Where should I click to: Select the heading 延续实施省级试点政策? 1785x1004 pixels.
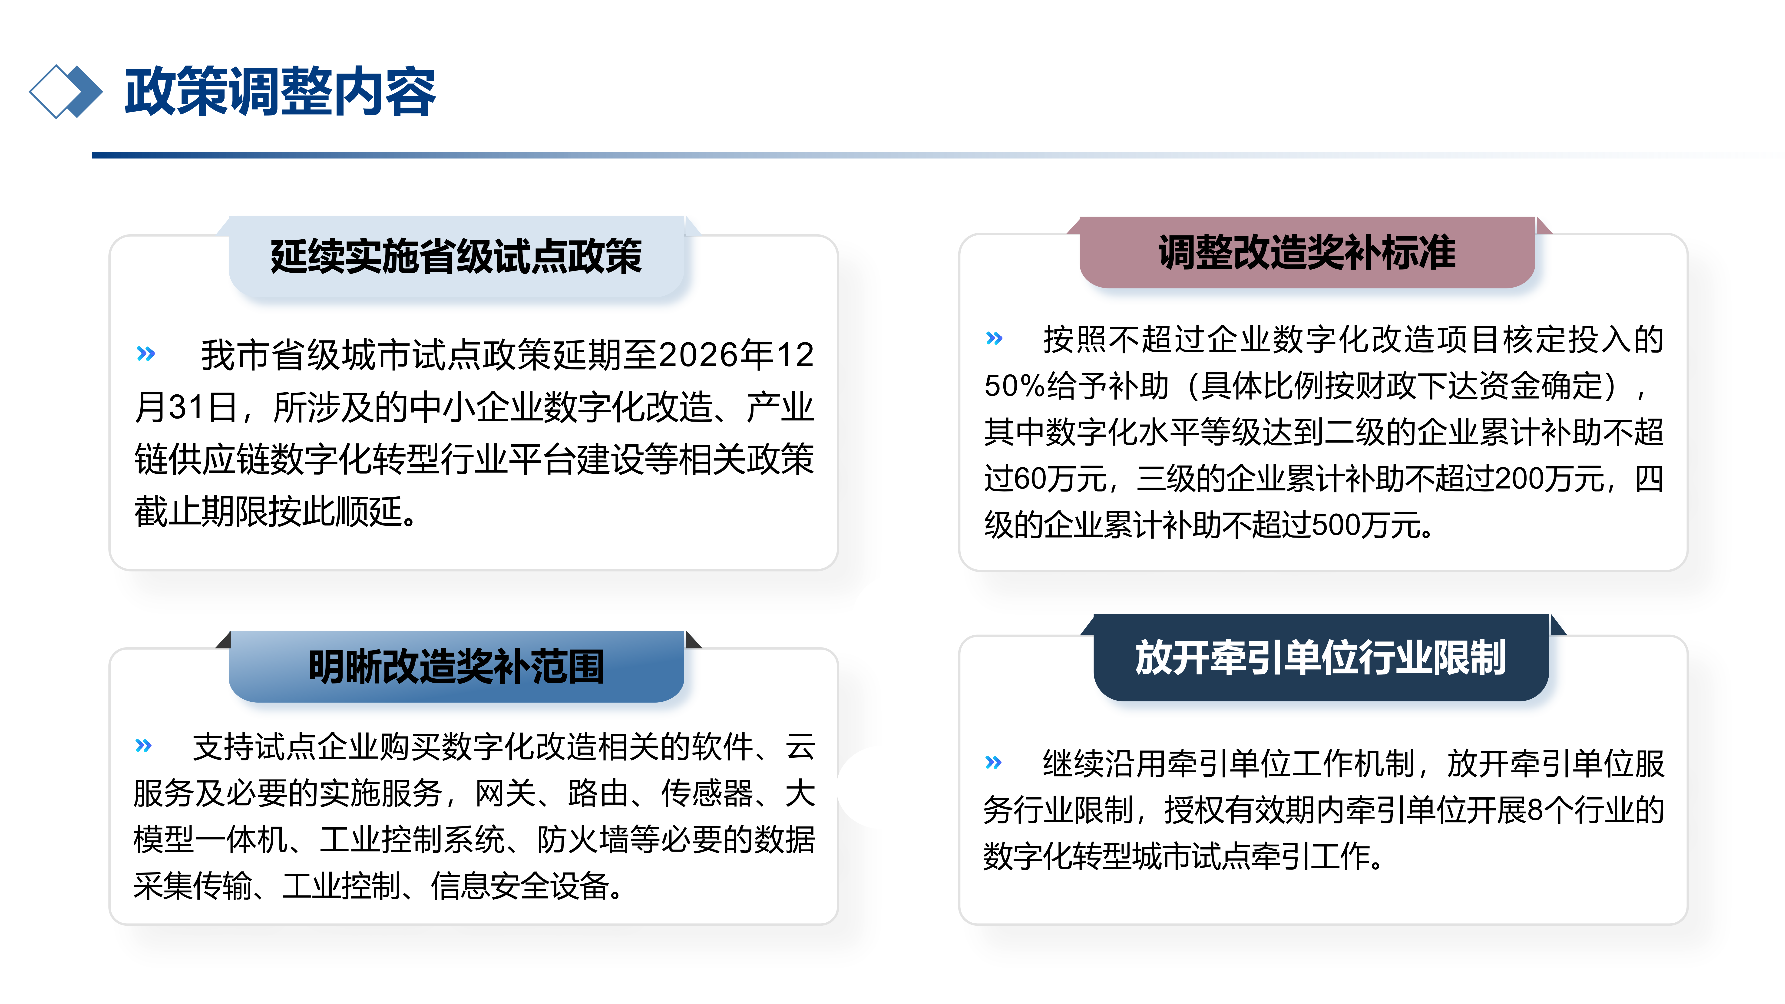pos(456,256)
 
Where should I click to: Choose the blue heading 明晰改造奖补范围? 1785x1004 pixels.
pos(456,667)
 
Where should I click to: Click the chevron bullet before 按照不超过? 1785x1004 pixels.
pos(994,338)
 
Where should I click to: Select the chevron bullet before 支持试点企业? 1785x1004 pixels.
pos(143,746)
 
